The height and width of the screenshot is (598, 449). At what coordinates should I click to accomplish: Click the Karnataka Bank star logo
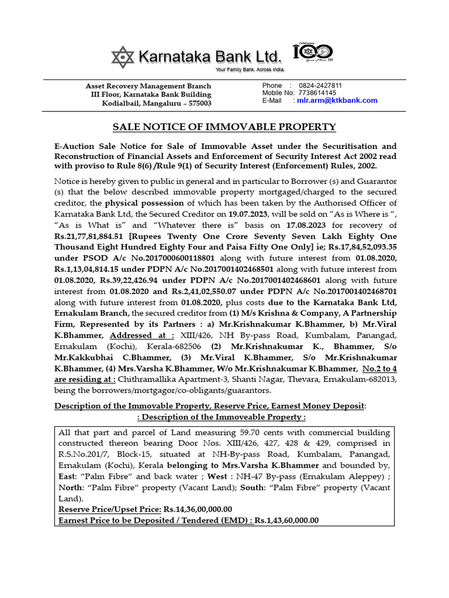123,57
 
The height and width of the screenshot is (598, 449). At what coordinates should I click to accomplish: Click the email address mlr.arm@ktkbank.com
337,100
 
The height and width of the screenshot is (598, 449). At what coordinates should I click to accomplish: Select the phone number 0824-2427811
320,85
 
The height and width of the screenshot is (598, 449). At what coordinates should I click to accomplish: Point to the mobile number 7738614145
316,93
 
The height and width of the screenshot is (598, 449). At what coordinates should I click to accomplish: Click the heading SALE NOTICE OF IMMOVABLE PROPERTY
224,127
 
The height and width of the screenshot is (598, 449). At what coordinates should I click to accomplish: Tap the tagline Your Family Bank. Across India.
250,70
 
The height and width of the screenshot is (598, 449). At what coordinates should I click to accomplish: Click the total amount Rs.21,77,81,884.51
94,236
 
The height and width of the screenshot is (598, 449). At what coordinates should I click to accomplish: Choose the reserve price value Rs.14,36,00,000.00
198,509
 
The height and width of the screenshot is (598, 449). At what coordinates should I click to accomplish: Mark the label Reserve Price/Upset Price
109,509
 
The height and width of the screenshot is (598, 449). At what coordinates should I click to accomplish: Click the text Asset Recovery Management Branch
148,86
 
